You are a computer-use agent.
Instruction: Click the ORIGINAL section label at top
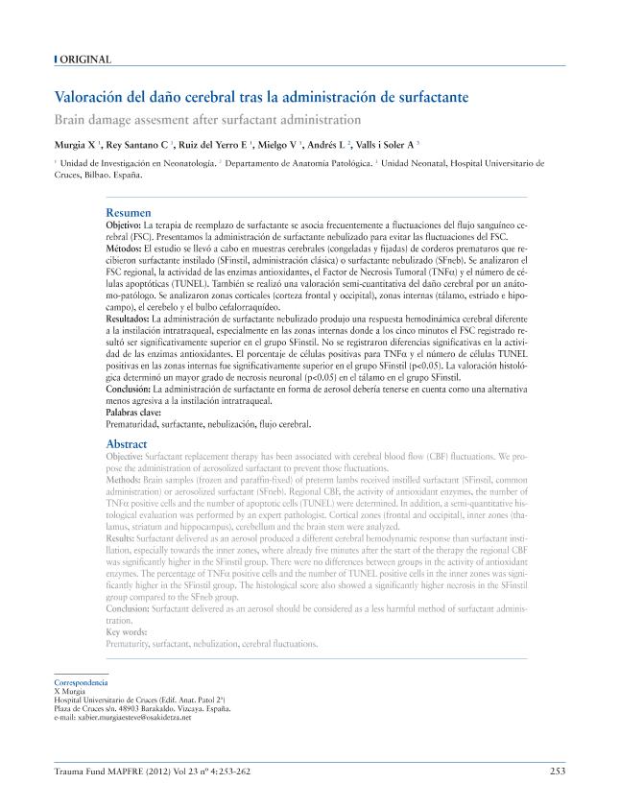[x=85, y=59]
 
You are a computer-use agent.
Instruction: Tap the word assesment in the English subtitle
[x=178, y=120]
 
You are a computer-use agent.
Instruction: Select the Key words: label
[x=127, y=633]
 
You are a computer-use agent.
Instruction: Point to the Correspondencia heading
[x=83, y=681]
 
